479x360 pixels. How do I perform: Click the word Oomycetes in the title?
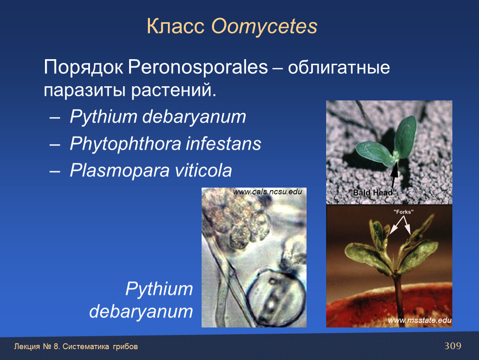click(x=264, y=27)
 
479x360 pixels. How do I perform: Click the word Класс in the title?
click(x=175, y=26)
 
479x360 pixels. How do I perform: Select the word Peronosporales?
click(x=198, y=67)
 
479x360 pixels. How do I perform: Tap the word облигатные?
click(x=339, y=67)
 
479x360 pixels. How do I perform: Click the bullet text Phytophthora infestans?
click(x=165, y=144)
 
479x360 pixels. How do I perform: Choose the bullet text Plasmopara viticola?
click(x=151, y=170)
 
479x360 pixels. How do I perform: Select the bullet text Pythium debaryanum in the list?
click(x=157, y=117)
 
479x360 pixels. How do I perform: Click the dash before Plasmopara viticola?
click(x=55, y=171)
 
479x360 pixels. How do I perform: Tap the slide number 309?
click(x=453, y=346)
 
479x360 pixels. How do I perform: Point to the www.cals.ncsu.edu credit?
click(x=267, y=192)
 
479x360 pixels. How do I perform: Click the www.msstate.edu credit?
click(x=419, y=320)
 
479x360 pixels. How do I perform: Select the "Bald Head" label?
click(x=373, y=192)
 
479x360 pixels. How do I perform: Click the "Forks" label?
click(x=403, y=212)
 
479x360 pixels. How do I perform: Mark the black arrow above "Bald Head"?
click(x=394, y=175)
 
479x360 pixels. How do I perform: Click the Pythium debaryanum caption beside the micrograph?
click(x=141, y=300)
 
